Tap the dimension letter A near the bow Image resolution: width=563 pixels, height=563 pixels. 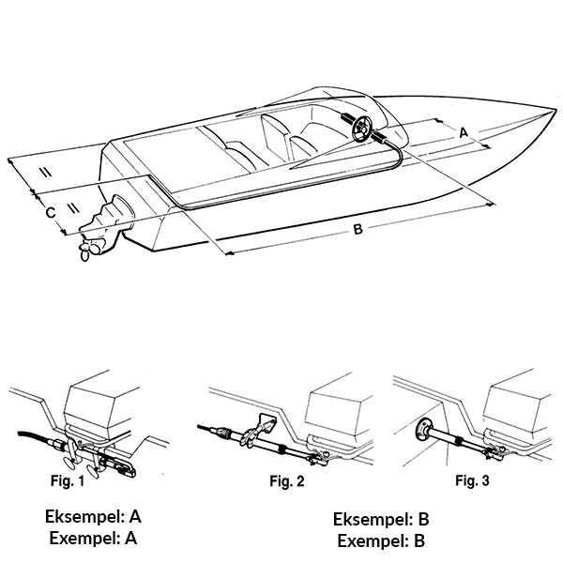pyautogui.click(x=462, y=133)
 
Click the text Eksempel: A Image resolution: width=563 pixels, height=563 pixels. pyautogui.click(x=93, y=516)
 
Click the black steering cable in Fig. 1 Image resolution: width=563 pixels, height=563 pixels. pyautogui.click(x=33, y=436)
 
